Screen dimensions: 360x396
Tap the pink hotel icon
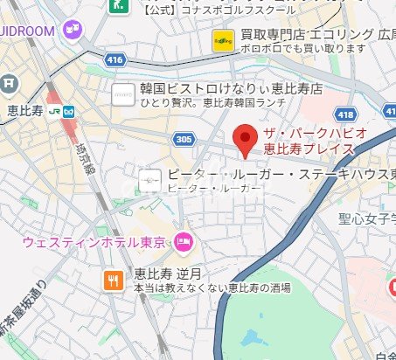tap(184, 240)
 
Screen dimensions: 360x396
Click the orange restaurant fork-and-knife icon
tap(114, 280)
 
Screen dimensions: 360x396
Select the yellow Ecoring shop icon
tap(222, 39)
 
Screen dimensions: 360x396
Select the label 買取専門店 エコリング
tap(302, 34)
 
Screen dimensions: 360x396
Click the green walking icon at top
tap(116, 5)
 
